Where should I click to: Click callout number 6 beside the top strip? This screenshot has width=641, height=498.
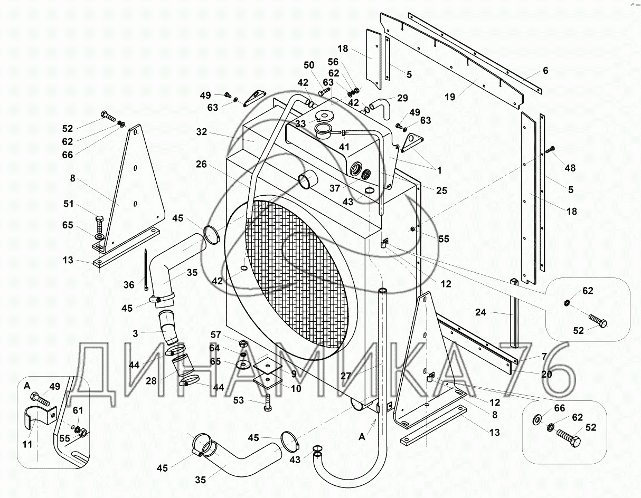[545, 71]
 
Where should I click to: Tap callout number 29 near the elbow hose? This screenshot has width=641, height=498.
[402, 98]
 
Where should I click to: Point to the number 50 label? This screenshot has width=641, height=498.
[309, 65]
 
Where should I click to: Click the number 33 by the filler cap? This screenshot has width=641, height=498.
[300, 124]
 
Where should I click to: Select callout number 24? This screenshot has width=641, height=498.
[480, 312]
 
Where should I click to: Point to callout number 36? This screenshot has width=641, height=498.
[129, 284]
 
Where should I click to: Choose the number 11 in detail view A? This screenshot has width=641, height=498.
[27, 444]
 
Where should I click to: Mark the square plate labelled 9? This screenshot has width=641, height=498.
[268, 365]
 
